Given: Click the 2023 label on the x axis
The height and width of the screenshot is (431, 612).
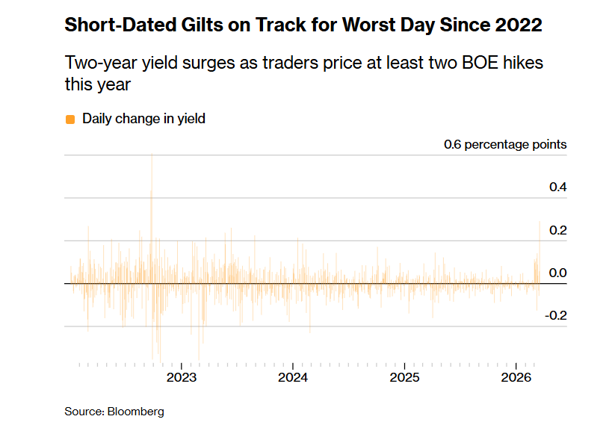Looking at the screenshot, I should click(x=182, y=377).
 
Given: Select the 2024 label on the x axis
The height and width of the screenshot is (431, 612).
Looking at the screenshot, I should click(x=293, y=377).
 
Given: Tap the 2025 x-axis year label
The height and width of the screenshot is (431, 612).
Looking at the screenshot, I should click(x=404, y=377).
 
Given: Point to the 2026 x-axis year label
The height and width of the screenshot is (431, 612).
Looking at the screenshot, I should click(x=516, y=377).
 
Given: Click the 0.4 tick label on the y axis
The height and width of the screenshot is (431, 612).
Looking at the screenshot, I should click(x=557, y=187).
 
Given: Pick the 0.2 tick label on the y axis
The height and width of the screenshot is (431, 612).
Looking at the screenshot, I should click(x=557, y=230).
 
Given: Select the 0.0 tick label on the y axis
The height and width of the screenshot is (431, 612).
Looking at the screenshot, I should click(x=557, y=273).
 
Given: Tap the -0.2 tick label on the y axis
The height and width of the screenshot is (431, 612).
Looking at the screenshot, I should click(x=556, y=315).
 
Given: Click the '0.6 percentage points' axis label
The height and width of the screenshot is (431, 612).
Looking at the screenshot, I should click(x=505, y=144).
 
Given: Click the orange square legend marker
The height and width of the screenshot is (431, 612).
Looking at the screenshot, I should click(x=70, y=119).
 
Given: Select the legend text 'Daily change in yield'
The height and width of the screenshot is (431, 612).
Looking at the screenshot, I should click(x=143, y=118).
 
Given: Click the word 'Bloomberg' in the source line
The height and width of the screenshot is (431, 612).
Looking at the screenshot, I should click(x=136, y=412).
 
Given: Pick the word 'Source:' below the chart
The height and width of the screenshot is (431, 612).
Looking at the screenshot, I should click(x=84, y=412).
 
